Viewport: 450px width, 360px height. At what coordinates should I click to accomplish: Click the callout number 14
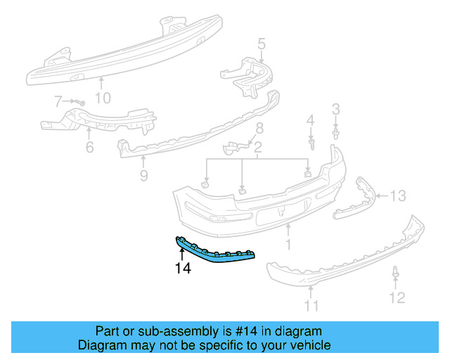(x=183, y=267)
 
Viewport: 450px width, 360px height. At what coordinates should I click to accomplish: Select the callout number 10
(x=103, y=98)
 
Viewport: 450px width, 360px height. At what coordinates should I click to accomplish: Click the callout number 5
(x=261, y=46)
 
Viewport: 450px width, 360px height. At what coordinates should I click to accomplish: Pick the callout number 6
(x=89, y=148)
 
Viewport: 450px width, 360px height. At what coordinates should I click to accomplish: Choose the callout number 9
(x=143, y=176)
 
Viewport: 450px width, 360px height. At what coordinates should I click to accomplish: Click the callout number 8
(x=259, y=128)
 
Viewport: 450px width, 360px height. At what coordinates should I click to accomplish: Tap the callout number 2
(x=258, y=148)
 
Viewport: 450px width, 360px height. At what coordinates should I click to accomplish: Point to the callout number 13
(x=398, y=195)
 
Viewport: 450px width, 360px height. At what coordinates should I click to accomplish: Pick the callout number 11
(x=311, y=305)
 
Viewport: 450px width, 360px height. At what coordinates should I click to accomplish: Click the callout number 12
(x=397, y=298)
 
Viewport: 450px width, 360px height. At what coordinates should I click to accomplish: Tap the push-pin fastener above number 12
(x=397, y=272)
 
